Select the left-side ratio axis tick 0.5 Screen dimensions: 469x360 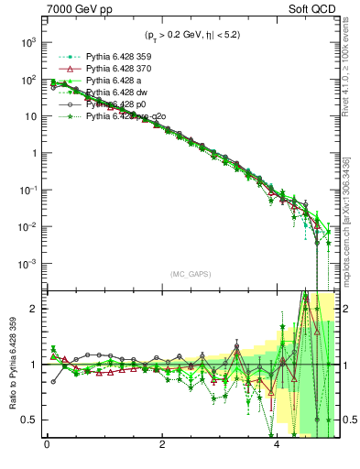pos(28,420)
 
